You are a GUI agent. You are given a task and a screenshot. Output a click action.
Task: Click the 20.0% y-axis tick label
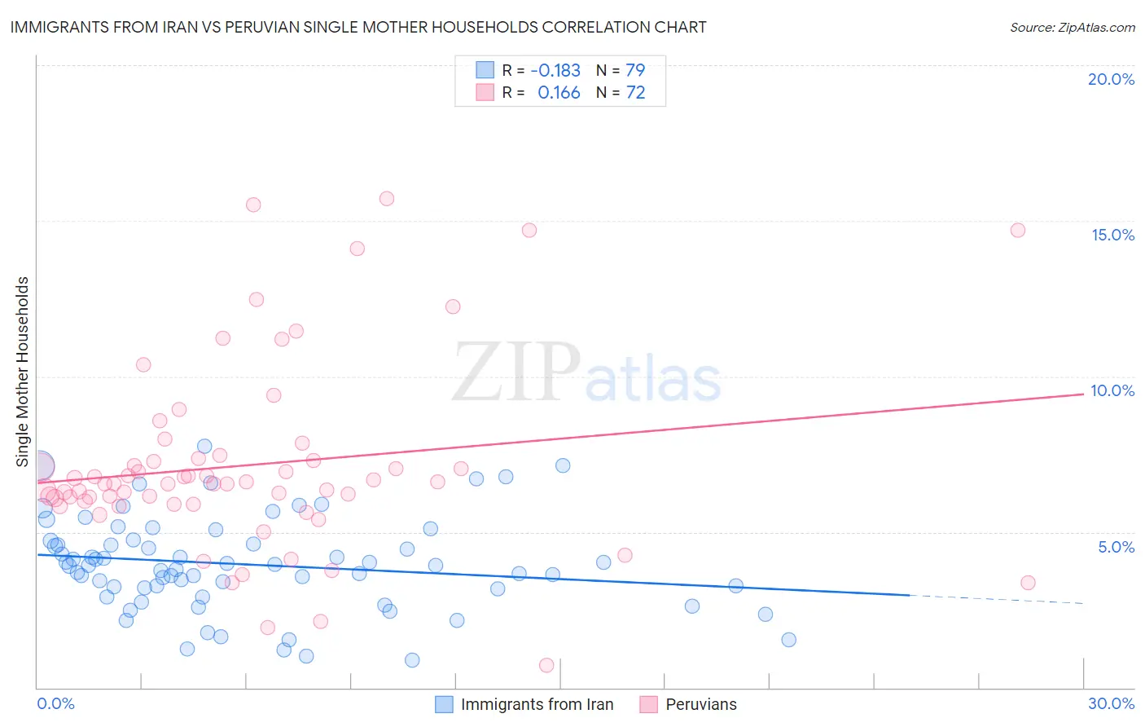click(1111, 79)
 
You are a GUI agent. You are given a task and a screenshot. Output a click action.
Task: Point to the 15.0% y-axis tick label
click(1112, 235)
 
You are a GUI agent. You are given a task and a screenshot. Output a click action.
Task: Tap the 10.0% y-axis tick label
click(1112, 390)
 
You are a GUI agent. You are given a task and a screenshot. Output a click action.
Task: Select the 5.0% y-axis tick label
click(1116, 547)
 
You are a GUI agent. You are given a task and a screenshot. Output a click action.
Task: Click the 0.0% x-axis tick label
click(55, 703)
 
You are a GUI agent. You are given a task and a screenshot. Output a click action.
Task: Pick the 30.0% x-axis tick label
click(1111, 703)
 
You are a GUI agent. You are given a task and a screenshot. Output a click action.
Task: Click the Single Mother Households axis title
click(23, 372)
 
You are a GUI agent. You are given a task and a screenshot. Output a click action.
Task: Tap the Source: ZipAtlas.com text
click(1072, 28)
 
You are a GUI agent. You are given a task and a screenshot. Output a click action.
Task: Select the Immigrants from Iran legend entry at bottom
click(537, 704)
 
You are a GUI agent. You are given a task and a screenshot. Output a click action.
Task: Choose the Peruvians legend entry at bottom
click(700, 704)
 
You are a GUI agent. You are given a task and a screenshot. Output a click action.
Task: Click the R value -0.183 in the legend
click(555, 71)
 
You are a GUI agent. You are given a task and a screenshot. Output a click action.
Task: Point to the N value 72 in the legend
click(635, 93)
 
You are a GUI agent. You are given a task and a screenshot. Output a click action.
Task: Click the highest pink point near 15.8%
click(387, 199)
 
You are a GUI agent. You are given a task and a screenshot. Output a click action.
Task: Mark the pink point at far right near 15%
click(1018, 230)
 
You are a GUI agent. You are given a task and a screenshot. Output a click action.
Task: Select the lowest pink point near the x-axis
click(546, 665)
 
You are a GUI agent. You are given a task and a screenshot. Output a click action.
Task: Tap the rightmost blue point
click(788, 640)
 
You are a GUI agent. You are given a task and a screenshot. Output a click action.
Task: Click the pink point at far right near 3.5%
click(1028, 583)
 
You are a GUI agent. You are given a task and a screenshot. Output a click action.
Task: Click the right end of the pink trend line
click(1082, 394)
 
